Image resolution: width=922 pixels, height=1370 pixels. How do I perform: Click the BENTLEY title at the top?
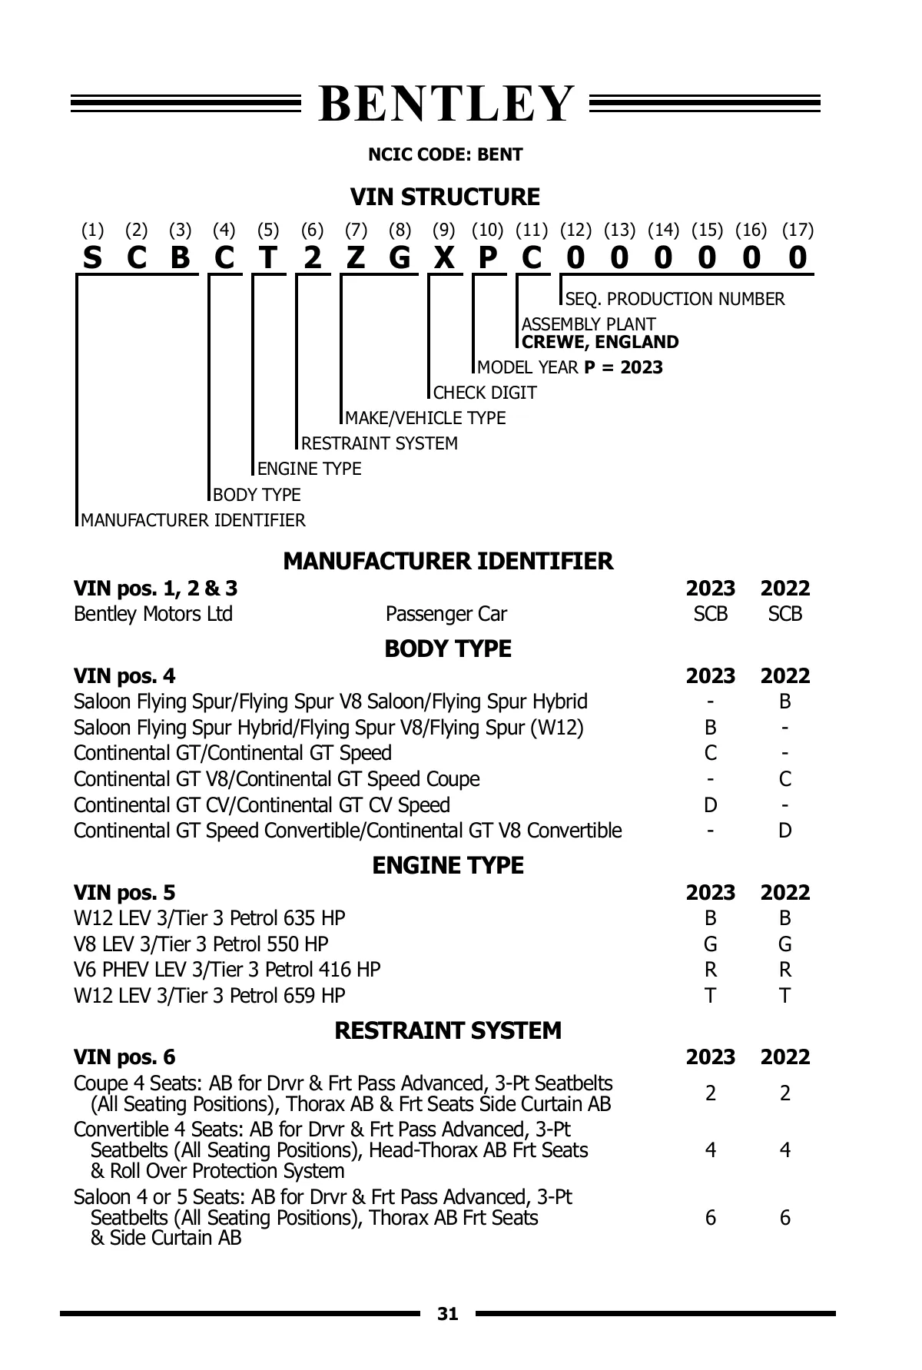click(x=446, y=104)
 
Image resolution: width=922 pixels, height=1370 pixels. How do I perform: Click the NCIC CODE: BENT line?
click(x=446, y=154)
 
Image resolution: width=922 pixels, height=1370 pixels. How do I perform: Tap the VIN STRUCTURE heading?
click(x=446, y=197)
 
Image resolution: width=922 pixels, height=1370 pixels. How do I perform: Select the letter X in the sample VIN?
click(x=443, y=258)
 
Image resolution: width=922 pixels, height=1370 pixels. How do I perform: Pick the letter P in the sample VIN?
click(x=487, y=258)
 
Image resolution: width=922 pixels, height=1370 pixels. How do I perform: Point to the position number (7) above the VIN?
click(x=356, y=230)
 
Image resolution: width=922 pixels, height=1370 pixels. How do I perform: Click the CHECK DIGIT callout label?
click(x=485, y=393)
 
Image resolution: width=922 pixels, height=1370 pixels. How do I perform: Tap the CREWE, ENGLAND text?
click(x=600, y=342)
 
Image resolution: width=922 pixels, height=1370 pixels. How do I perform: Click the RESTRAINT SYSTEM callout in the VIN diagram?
click(x=380, y=443)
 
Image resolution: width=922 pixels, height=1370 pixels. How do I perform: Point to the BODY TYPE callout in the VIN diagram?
click(x=257, y=494)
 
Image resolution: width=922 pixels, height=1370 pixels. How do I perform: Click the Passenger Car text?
click(x=446, y=614)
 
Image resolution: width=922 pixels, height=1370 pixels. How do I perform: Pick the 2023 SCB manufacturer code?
click(x=710, y=614)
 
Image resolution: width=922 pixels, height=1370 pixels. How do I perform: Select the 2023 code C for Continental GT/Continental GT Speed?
click(x=710, y=753)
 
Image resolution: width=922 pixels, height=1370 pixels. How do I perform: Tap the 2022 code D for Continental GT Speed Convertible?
click(x=784, y=831)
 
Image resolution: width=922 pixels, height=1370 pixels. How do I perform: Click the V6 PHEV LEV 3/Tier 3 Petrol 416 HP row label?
click(x=227, y=970)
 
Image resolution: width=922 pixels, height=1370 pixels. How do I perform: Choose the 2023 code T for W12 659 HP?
click(x=710, y=996)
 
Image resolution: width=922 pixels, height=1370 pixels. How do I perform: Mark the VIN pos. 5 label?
click(x=124, y=893)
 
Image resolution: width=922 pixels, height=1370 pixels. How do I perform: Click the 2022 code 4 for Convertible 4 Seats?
click(x=784, y=1150)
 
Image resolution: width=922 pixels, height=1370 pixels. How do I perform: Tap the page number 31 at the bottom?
click(x=448, y=1314)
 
